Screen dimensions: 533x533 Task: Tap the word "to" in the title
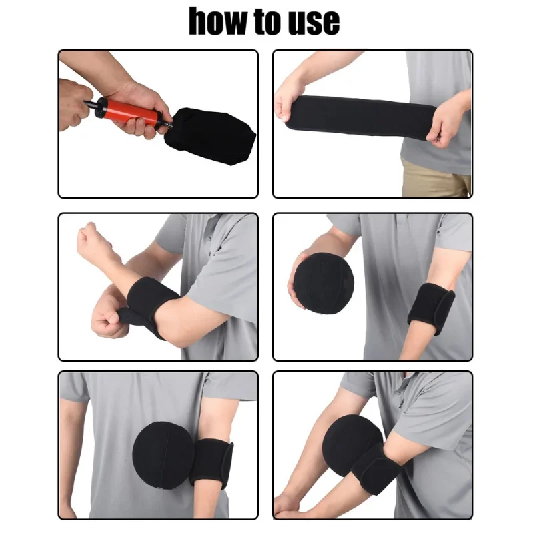coord(265,21)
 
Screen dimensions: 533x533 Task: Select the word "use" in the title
coord(314,23)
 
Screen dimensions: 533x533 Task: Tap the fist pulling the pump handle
coord(73,104)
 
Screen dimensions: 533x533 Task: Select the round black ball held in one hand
coord(326,285)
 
